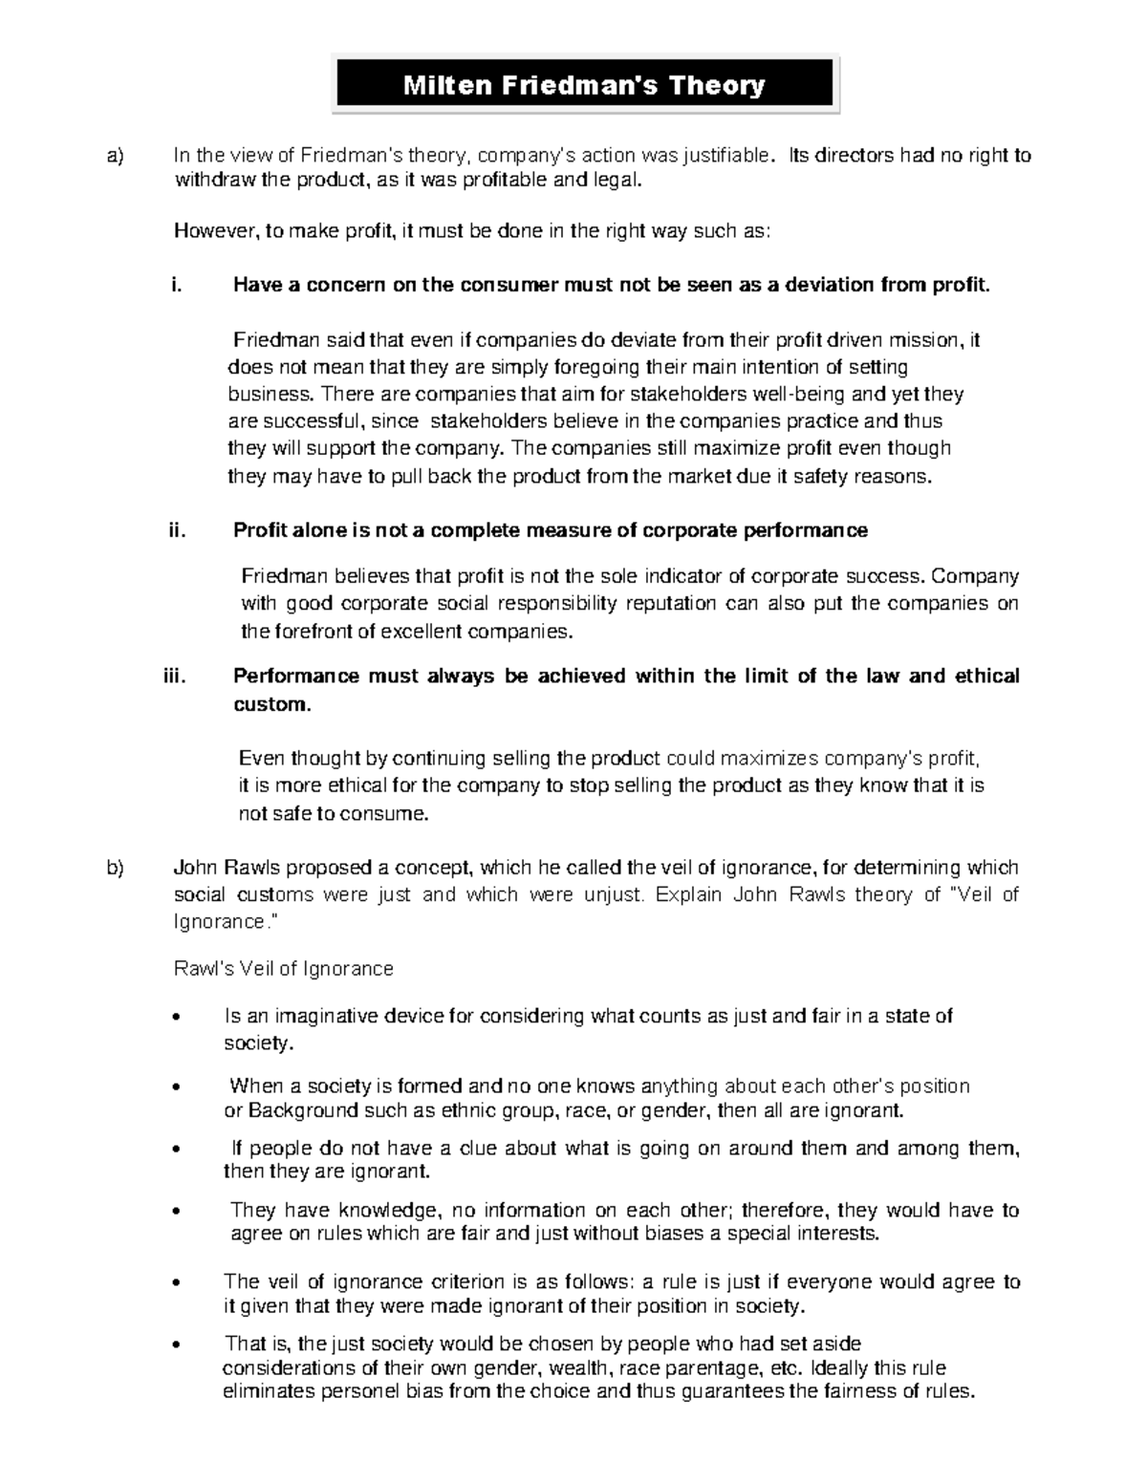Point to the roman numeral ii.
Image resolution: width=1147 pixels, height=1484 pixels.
[x=174, y=530]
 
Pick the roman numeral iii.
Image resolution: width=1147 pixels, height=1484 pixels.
[x=171, y=677]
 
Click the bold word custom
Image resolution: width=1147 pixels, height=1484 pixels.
[x=271, y=705]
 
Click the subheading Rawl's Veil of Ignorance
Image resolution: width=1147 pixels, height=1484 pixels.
[x=283, y=969]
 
